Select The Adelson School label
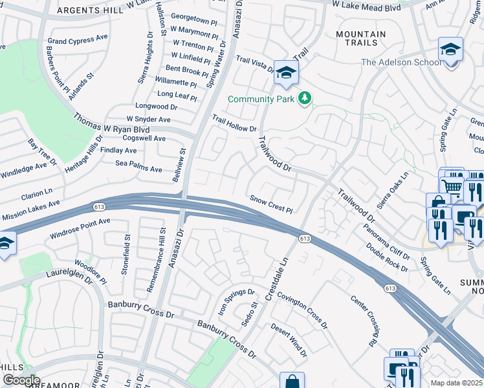[397, 62]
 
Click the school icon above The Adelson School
[450, 49]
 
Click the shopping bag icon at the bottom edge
[292, 381]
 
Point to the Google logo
[21, 380]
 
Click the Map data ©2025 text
[457, 383]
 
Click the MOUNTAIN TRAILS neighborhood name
[361, 39]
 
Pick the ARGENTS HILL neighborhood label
[91, 11]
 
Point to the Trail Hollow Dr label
[235, 124]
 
